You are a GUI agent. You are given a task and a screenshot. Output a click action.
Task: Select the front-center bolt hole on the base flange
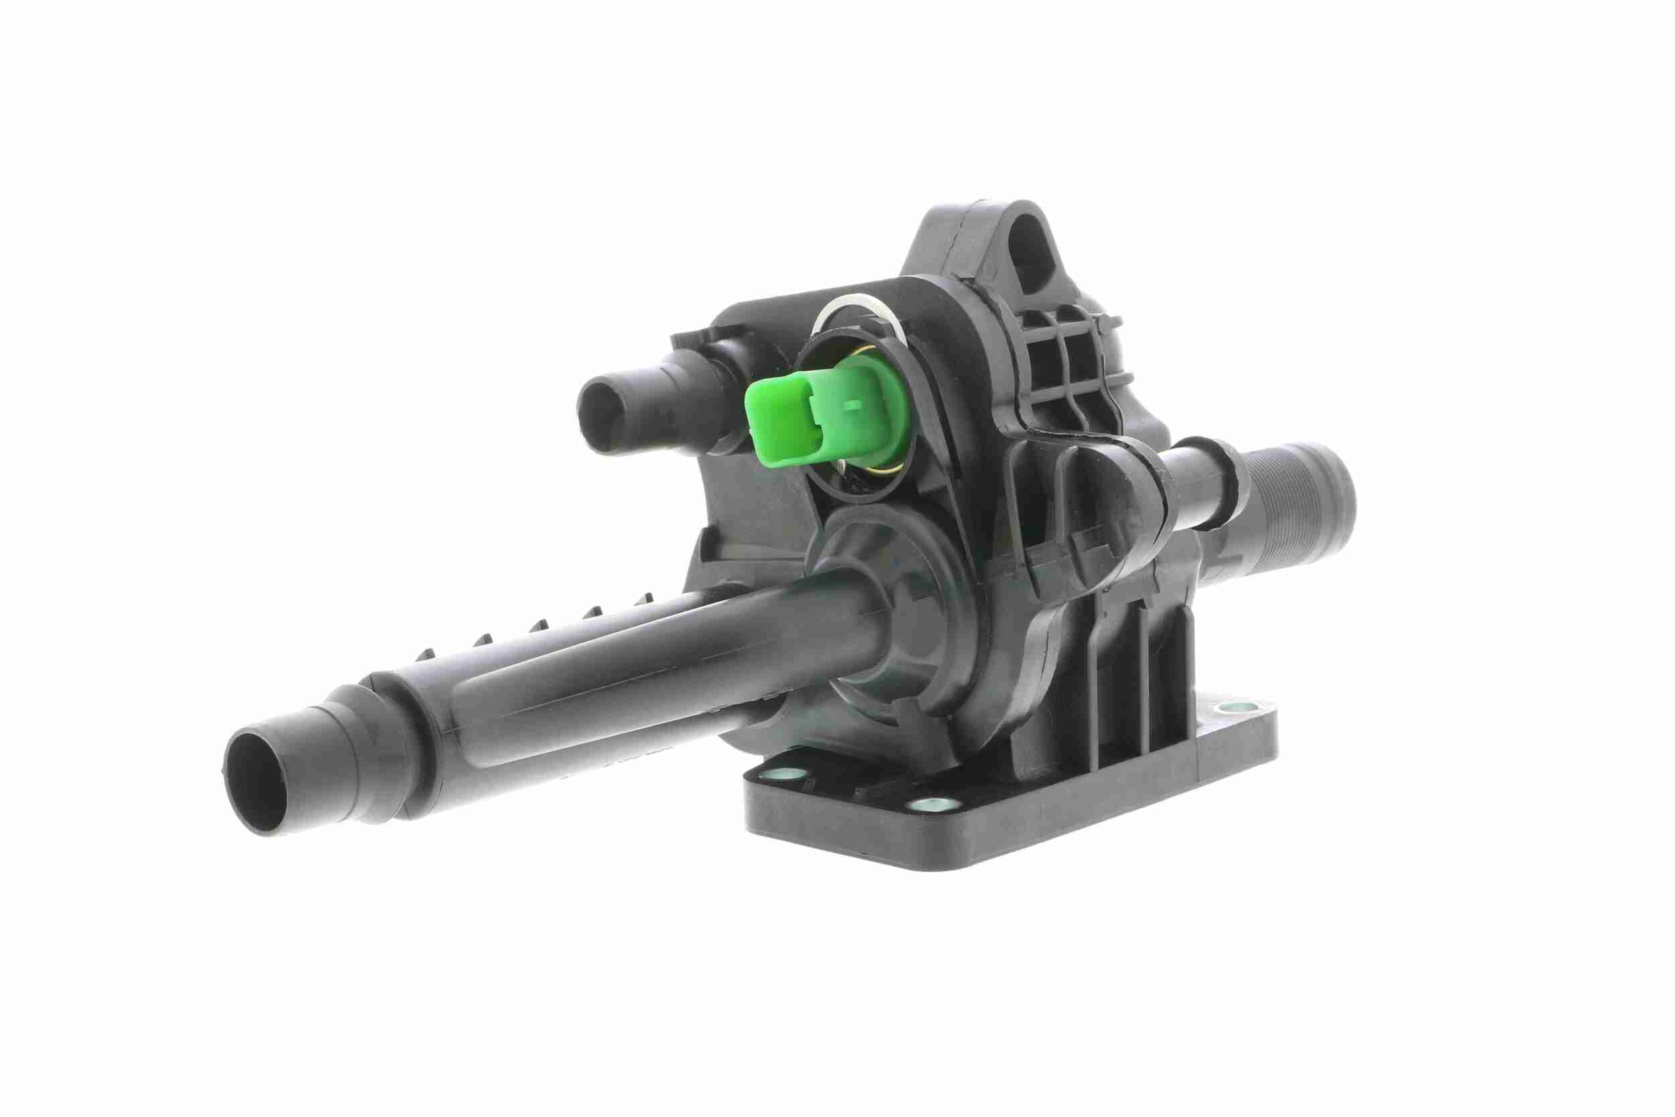[926, 805]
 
